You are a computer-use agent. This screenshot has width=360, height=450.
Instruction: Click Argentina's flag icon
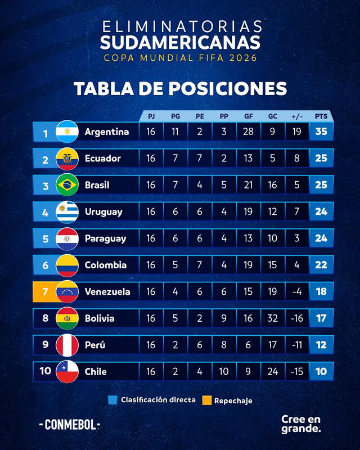point(67,132)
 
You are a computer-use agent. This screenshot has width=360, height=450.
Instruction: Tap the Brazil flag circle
point(67,185)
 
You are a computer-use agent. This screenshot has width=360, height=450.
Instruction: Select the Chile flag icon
point(67,371)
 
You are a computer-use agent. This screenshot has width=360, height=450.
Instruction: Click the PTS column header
point(321,116)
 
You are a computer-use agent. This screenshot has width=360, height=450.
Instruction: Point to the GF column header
point(248,116)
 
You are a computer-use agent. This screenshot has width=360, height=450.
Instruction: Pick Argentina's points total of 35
point(321,132)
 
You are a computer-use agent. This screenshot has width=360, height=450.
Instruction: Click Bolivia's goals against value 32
point(272,318)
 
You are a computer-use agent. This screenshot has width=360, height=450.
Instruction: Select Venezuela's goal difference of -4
point(296,291)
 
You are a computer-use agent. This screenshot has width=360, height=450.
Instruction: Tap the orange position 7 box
point(45,291)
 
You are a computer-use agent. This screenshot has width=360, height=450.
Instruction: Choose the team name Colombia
point(105,265)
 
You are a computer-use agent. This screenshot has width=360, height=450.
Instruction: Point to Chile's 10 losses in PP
point(224,371)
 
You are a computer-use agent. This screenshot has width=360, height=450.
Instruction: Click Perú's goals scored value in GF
point(248,345)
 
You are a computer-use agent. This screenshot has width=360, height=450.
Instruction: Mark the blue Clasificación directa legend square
point(112,400)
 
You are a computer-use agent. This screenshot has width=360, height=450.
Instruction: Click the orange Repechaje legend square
point(207,400)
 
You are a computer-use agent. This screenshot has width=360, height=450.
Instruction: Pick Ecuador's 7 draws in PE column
point(200,159)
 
